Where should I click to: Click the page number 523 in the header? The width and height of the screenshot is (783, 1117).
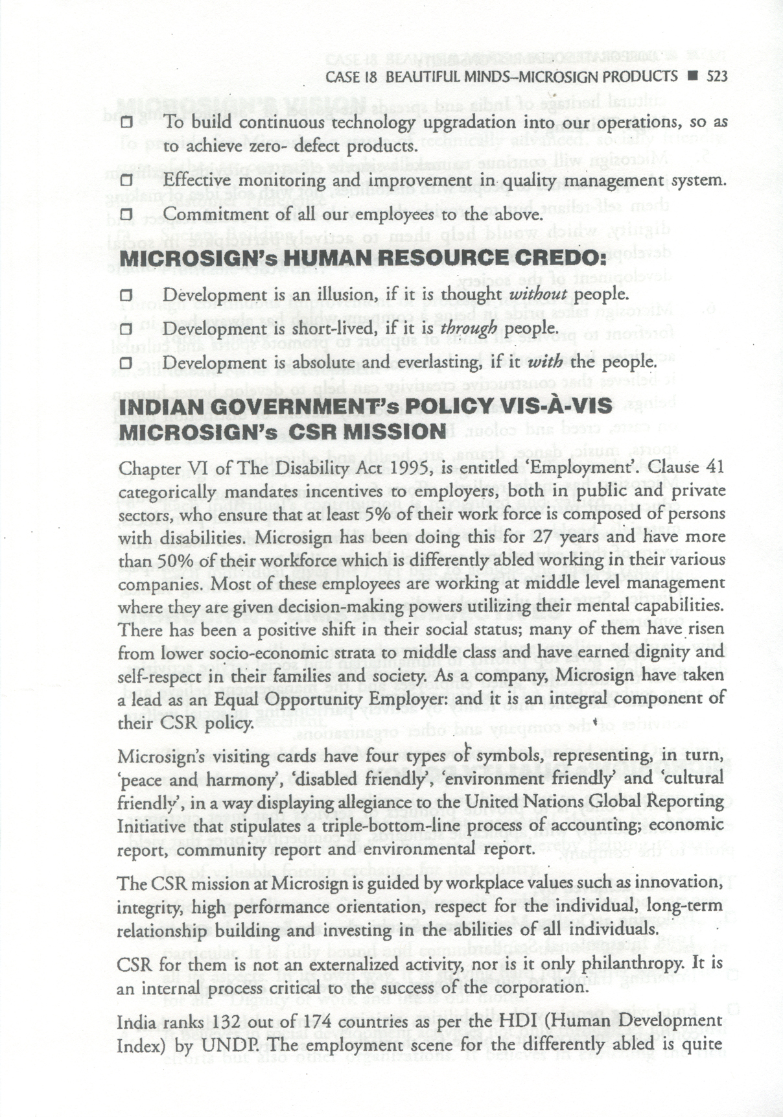point(717,76)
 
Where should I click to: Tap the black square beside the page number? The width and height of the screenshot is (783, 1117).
point(692,76)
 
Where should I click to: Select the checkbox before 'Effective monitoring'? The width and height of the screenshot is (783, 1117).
point(126,180)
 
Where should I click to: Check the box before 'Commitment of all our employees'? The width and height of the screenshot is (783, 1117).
point(126,214)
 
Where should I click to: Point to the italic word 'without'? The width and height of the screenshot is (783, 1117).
point(539,294)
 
